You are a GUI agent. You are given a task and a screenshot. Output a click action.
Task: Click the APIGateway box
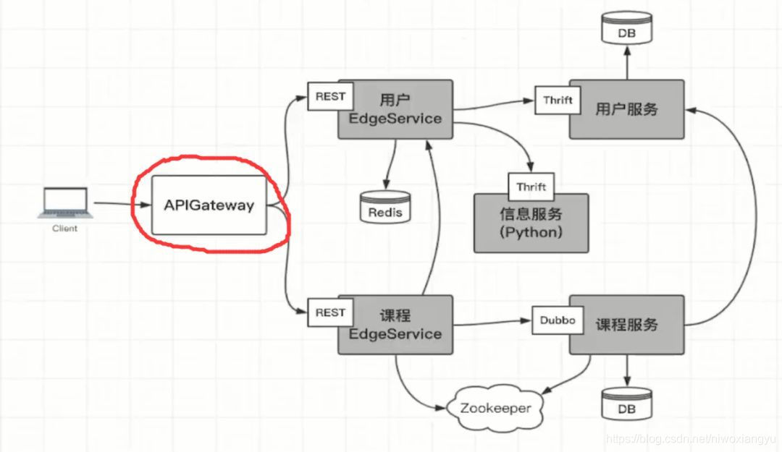pos(209,205)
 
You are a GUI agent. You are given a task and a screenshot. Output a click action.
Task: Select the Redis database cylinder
pos(384,207)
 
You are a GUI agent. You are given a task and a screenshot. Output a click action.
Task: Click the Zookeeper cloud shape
pos(495,408)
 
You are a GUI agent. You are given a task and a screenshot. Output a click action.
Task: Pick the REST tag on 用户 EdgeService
pos(330,96)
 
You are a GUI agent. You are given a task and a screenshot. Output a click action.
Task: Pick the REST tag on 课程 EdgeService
pos(330,312)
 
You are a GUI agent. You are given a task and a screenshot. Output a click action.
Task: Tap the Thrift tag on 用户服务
pos(558,101)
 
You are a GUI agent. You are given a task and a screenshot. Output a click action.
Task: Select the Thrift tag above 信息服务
pos(531,187)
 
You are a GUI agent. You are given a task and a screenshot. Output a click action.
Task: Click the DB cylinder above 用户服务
pos(627,30)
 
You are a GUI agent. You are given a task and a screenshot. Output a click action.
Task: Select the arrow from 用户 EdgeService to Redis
pos(391,163)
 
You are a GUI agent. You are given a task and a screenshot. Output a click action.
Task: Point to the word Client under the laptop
pos(64,229)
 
